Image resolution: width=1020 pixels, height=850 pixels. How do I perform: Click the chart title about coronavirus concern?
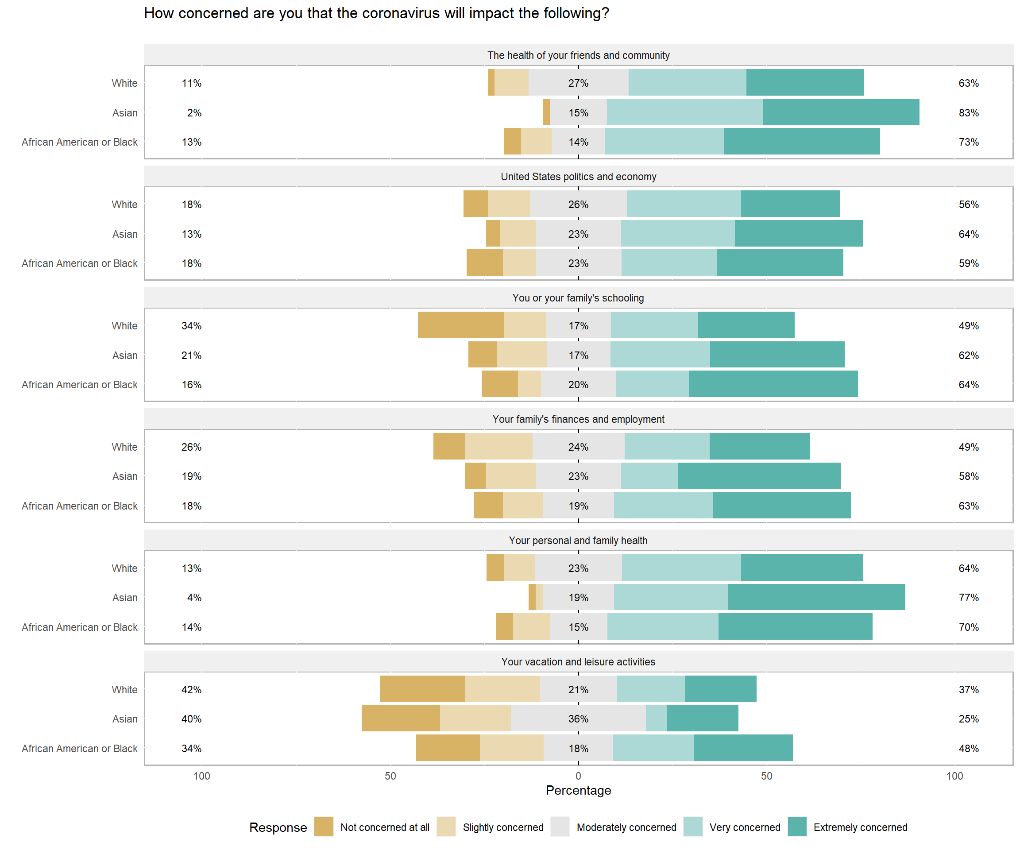376,13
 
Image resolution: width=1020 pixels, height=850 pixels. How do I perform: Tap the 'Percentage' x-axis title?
578,790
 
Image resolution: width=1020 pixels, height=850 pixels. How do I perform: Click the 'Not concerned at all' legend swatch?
324,827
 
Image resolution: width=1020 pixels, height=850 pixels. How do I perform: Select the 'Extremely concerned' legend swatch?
796,827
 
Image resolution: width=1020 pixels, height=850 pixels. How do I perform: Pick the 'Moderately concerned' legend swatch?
560,827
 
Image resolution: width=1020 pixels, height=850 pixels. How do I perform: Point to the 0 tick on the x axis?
578,776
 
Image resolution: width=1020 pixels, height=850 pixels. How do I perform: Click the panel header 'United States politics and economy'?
578,177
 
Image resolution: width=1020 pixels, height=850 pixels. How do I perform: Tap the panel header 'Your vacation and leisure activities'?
578,661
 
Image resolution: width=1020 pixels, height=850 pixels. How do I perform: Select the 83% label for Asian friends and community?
968,113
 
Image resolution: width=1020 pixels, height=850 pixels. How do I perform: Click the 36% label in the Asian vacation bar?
578,719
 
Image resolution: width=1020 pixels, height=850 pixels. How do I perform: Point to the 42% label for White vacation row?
191,690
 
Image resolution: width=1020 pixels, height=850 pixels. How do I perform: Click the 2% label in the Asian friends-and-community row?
194,113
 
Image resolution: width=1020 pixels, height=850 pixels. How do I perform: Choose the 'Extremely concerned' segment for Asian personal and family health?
816,597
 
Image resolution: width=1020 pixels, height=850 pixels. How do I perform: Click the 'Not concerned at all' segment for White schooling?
460,325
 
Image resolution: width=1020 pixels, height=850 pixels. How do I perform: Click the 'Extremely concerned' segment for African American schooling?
773,384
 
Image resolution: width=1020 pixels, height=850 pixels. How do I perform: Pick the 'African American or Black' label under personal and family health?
80,627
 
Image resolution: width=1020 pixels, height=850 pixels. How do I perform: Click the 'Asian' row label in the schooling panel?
125,355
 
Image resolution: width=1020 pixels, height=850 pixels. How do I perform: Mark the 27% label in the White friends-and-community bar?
578,83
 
